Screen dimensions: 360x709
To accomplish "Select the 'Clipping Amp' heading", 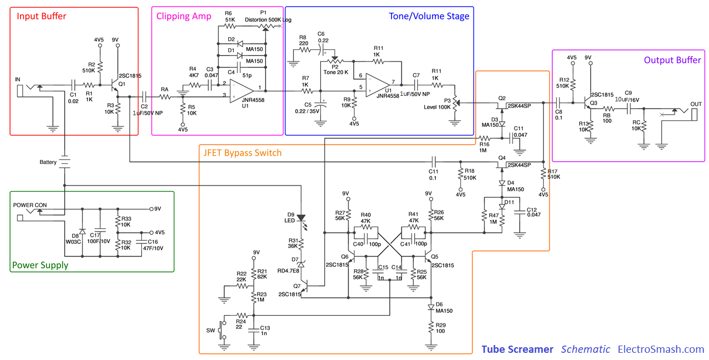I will pos(183,16).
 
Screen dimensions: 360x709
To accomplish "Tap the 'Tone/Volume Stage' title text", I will pos(429,16).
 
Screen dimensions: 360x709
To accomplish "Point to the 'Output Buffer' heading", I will pos(672,60).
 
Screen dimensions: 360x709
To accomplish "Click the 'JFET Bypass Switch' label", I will pos(242,153).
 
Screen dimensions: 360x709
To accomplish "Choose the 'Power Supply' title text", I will pos(40,265).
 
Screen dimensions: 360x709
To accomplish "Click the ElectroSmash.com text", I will pos(661,349).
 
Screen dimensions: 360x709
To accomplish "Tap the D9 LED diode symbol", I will pos(301,218).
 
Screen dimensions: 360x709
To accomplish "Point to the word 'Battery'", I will pos(48,162).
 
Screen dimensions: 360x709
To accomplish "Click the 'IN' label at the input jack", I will pos(18,80).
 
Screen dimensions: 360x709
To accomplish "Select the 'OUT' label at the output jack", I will pos(696,104).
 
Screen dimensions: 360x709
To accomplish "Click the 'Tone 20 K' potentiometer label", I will pos(336,72).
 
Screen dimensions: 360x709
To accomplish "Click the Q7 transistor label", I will pos(297,286).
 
